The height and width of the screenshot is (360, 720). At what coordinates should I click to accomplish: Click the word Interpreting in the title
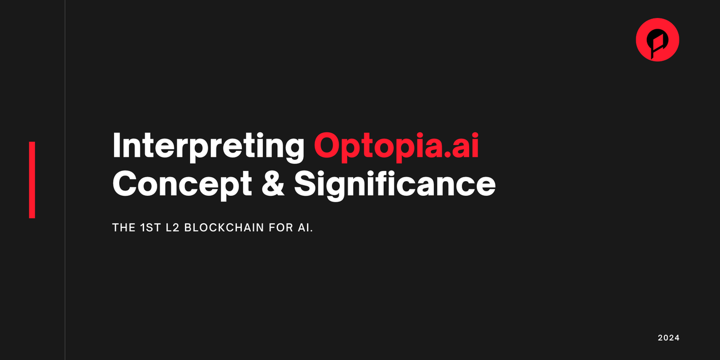click(208, 146)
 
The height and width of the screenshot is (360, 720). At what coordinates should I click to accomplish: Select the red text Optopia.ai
click(397, 146)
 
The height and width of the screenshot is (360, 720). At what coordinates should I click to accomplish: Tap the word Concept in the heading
click(182, 184)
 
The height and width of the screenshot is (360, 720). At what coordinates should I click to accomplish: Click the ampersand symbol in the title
click(273, 183)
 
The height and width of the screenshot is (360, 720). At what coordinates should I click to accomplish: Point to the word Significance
click(395, 184)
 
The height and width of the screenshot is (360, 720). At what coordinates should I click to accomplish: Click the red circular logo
click(658, 39)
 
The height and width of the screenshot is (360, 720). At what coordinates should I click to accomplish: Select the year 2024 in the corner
click(669, 338)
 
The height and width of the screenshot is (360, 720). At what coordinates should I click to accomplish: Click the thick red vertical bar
click(32, 180)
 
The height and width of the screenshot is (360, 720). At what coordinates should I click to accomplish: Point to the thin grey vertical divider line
click(65, 180)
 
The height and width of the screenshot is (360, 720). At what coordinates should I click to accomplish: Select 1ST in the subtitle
click(150, 228)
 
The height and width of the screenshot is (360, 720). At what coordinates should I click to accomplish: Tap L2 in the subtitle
click(172, 228)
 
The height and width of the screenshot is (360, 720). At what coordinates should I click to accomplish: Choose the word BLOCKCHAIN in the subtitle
click(224, 228)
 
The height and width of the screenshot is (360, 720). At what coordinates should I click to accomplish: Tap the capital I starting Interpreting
click(116, 146)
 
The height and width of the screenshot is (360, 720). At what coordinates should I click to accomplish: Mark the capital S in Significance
click(307, 183)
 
